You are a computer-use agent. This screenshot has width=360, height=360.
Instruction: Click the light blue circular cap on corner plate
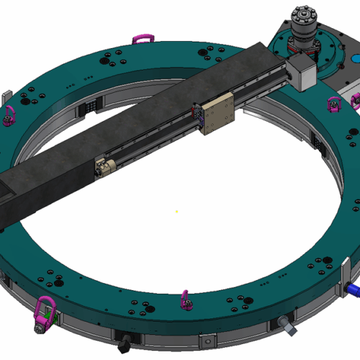355,58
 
